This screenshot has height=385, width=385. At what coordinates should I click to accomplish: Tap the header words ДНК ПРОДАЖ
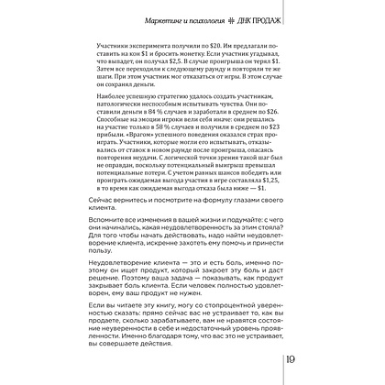click(282, 19)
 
